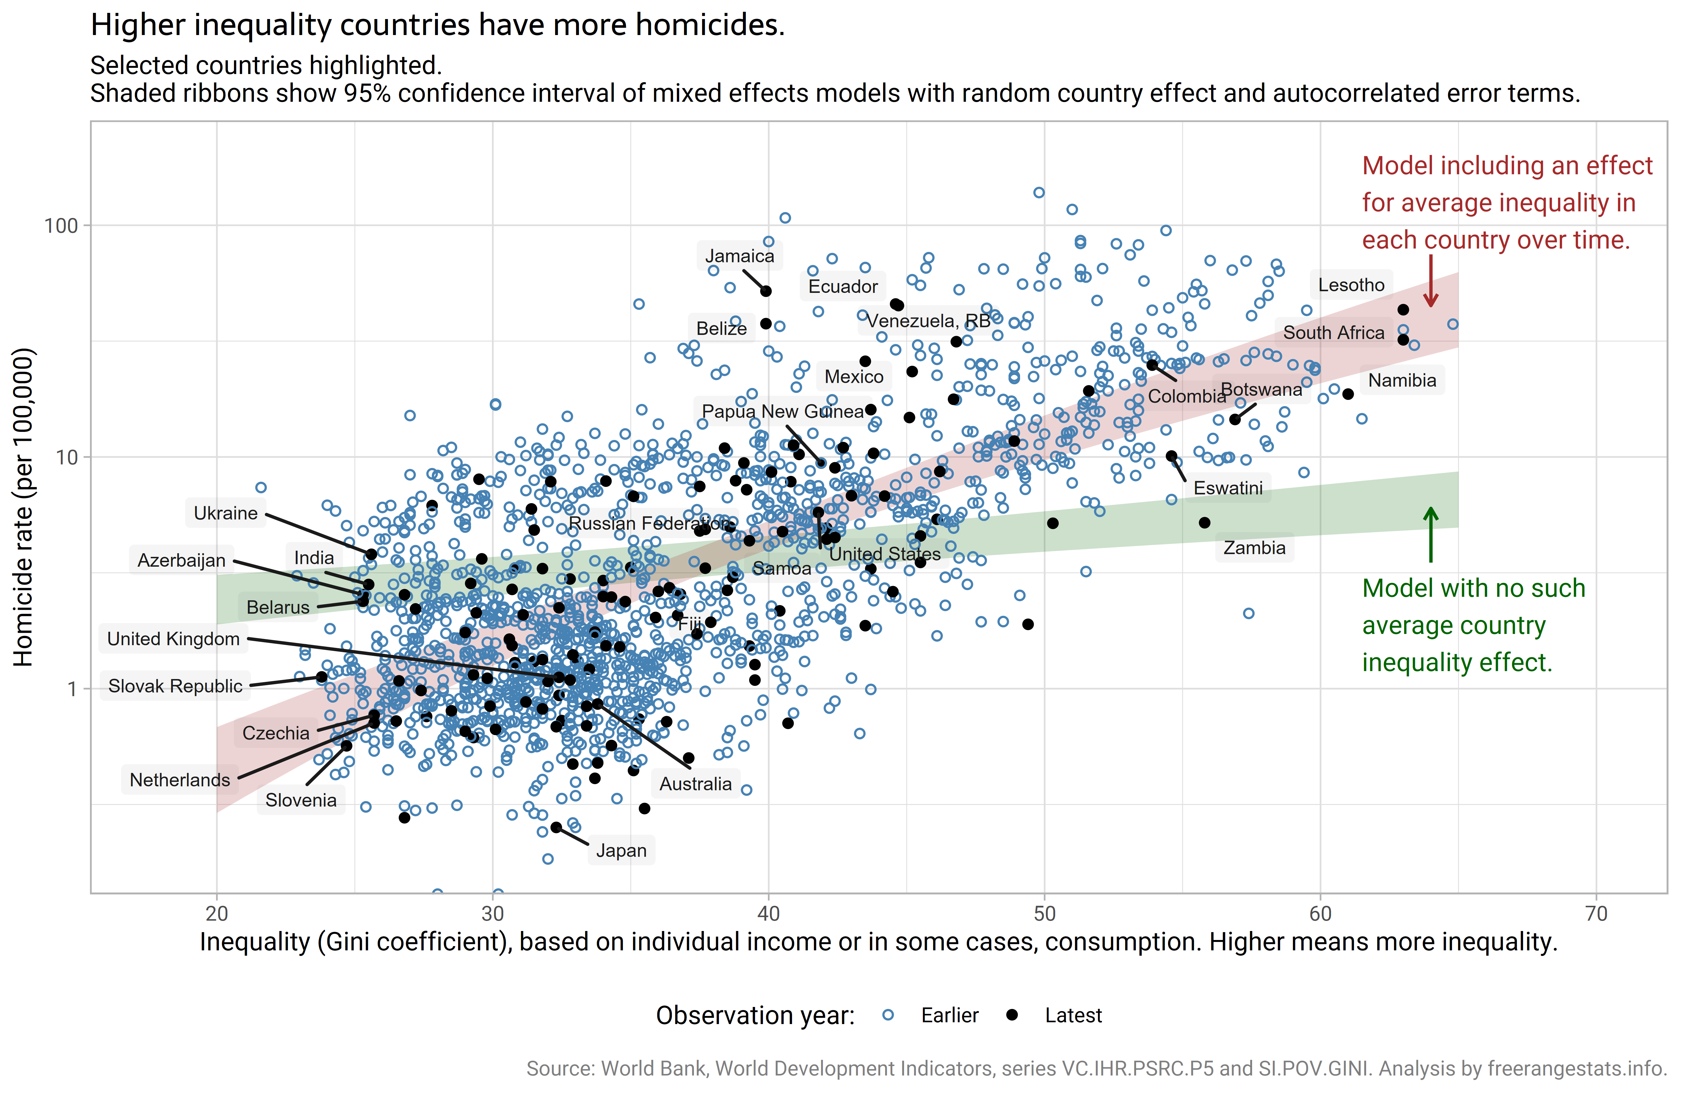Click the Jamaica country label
coord(739,256)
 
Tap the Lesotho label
coord(1351,285)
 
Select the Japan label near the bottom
coord(621,850)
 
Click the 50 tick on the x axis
coord(1044,914)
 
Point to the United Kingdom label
coord(173,639)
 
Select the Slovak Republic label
coord(175,686)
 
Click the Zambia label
coord(1254,548)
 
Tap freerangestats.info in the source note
coord(1577,1068)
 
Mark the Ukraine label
coord(225,513)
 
